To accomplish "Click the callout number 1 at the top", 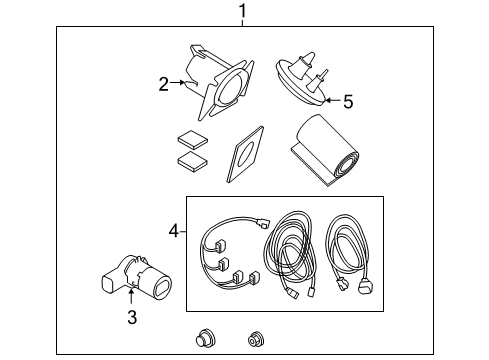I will click(x=241, y=11).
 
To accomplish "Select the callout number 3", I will click(x=131, y=318).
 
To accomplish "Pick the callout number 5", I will click(x=348, y=100).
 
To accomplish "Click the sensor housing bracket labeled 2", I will click(x=221, y=83).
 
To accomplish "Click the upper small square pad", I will click(x=191, y=139).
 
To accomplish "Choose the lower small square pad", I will click(x=191, y=159).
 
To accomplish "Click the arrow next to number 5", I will click(x=330, y=99).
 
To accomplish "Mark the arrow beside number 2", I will click(x=182, y=84).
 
